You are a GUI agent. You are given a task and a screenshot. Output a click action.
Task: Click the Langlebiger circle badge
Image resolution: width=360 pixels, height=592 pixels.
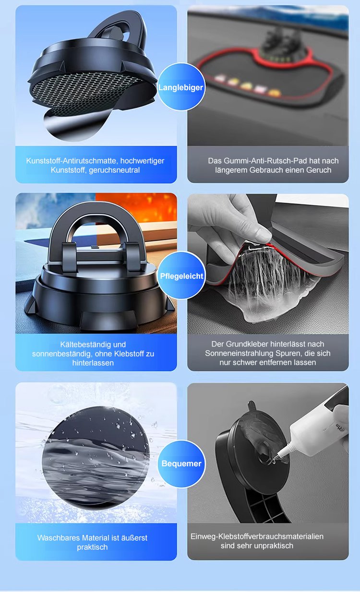(x=181, y=87)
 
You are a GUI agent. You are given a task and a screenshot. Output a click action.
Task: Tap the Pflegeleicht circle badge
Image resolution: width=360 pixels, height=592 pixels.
(x=181, y=275)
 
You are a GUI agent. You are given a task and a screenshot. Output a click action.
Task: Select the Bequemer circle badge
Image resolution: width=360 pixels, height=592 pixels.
(x=181, y=463)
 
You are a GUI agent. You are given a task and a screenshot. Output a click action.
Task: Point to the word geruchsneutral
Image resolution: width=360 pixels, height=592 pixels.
(x=114, y=170)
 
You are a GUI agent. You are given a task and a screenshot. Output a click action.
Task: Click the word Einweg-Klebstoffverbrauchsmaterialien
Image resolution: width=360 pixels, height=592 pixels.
(x=257, y=536)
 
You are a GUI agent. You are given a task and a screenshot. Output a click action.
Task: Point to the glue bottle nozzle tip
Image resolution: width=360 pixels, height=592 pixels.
(x=274, y=460)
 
